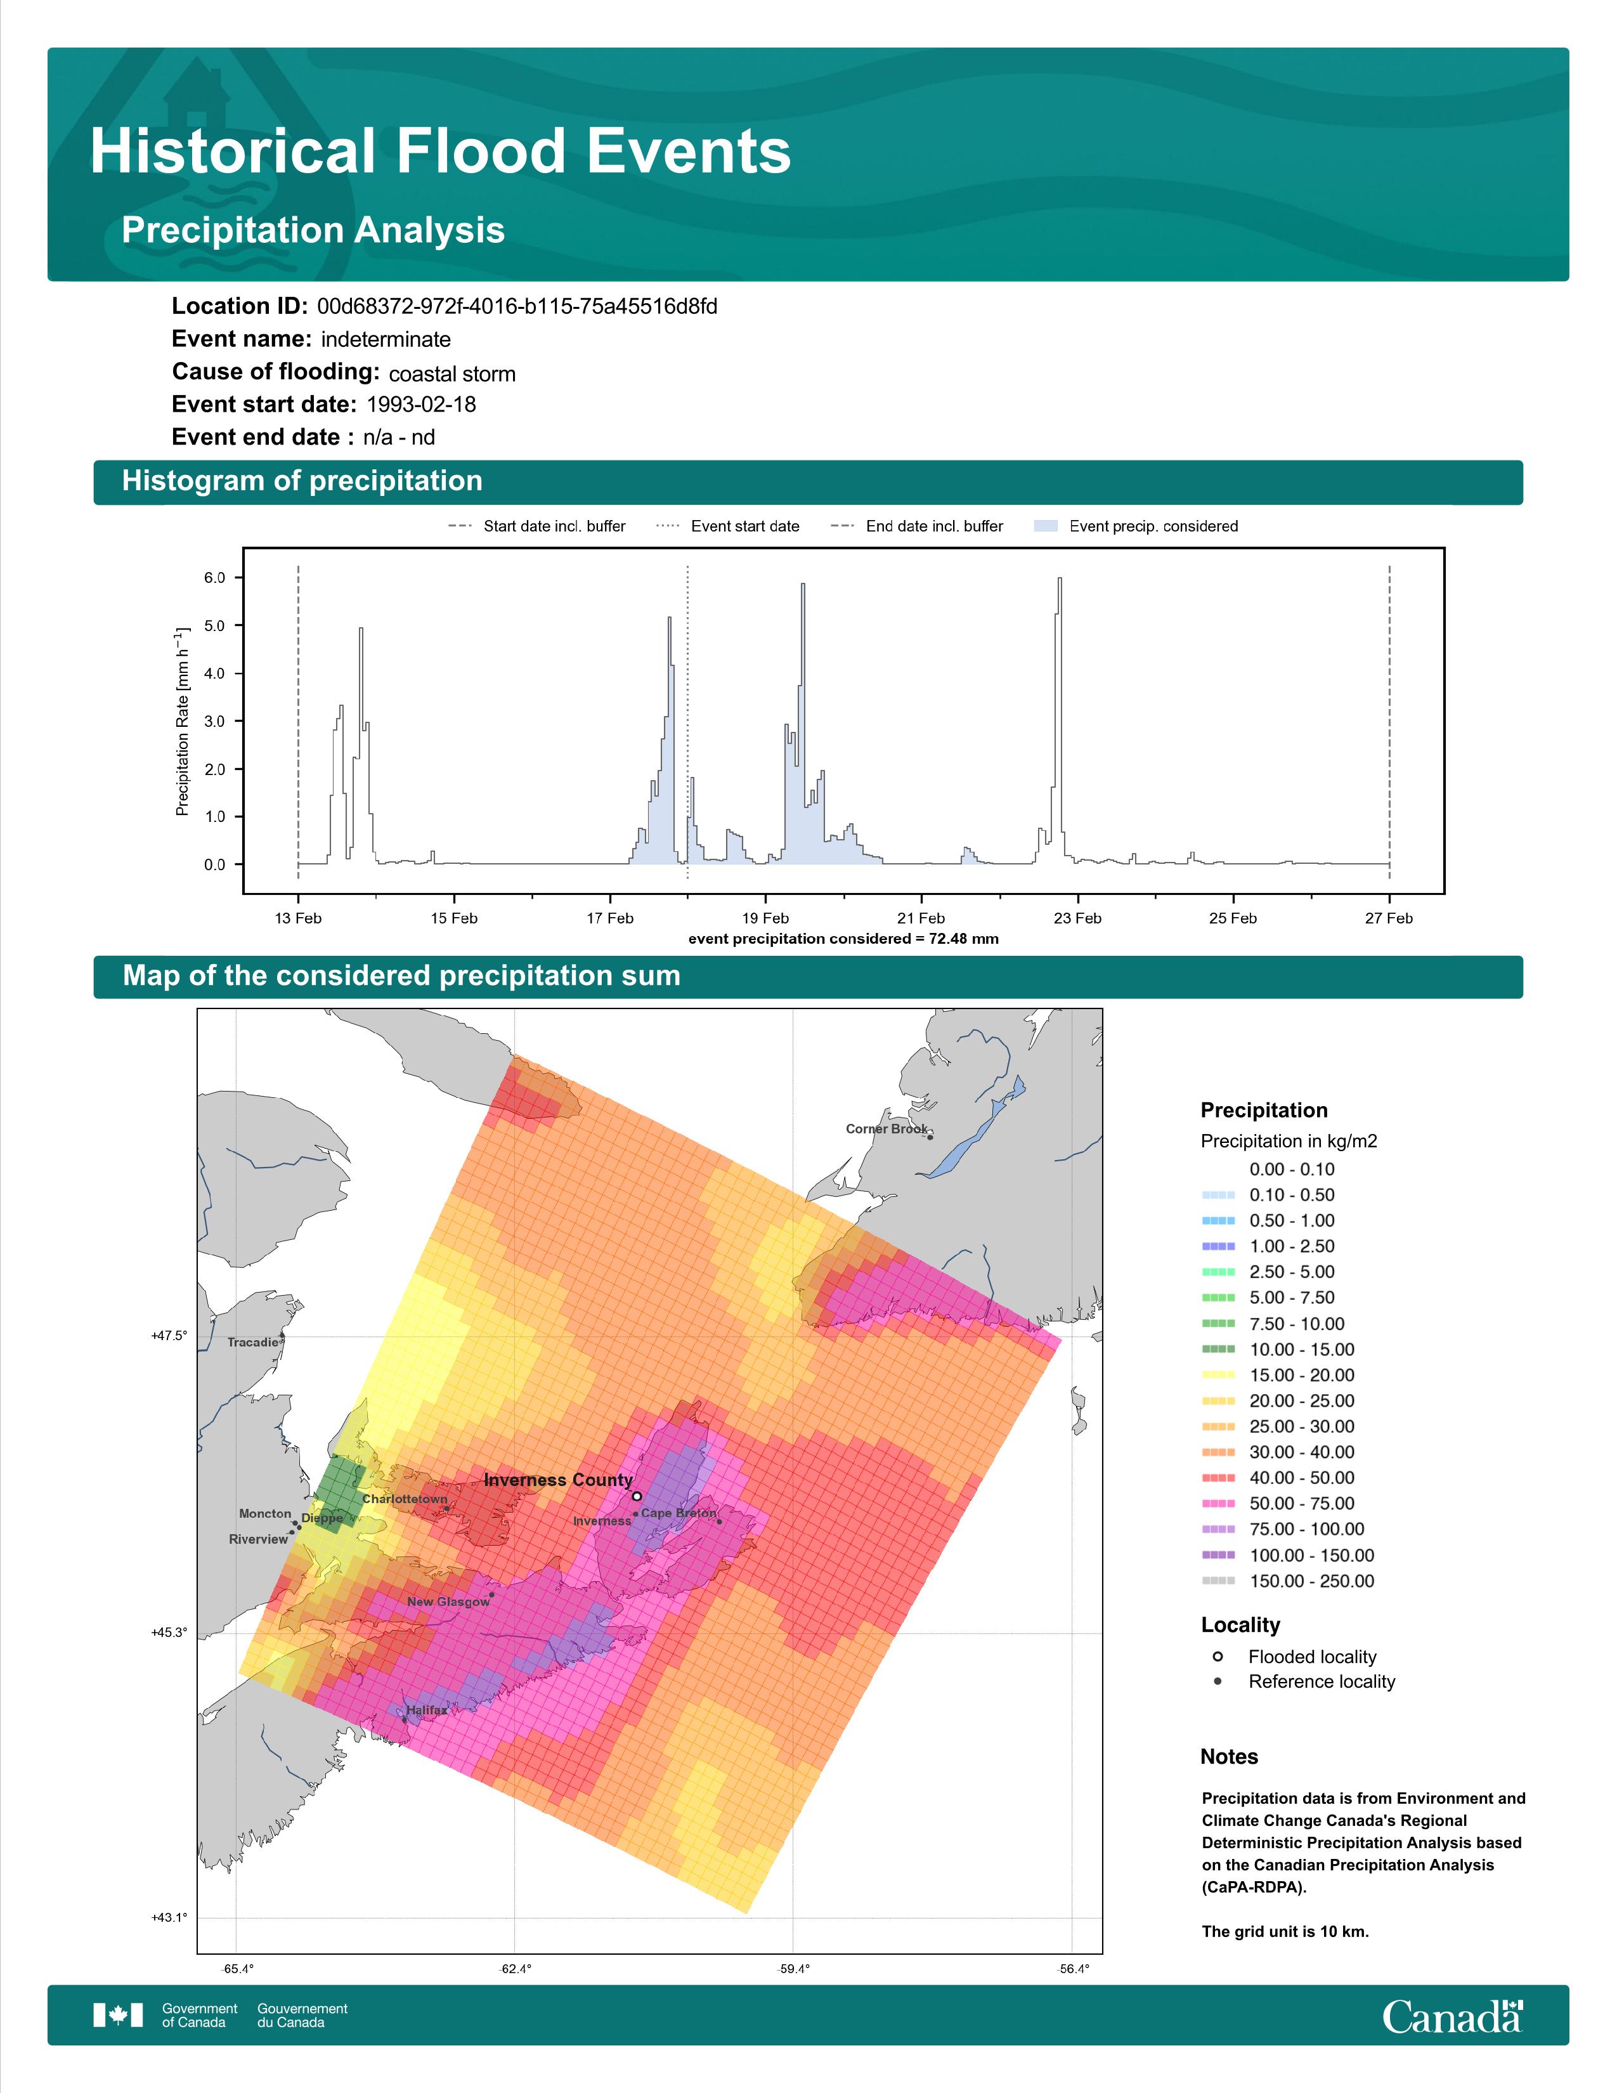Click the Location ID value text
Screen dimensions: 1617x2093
point(517,307)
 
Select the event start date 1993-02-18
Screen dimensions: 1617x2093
point(420,405)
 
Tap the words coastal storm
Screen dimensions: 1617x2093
point(452,374)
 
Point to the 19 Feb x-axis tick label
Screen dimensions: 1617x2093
point(765,918)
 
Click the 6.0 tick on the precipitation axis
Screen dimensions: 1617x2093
point(214,578)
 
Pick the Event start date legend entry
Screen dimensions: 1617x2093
point(727,526)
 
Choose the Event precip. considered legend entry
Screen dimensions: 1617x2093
point(1136,526)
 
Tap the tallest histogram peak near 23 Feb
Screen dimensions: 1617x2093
point(1060,579)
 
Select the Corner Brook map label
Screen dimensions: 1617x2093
point(886,1129)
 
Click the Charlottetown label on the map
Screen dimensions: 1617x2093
point(405,1499)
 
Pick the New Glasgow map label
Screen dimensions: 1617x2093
point(448,1601)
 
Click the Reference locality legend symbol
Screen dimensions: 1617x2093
point(1218,1681)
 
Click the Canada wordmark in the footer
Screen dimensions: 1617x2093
point(1452,2016)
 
